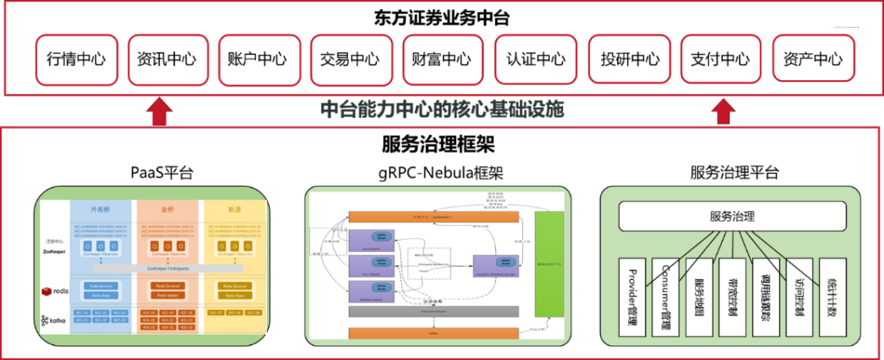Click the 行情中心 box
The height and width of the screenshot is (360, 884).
pyautogui.click(x=76, y=59)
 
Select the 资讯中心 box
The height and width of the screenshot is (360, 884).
pyautogui.click(x=167, y=59)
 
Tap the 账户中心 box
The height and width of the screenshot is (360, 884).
pyautogui.click(x=258, y=59)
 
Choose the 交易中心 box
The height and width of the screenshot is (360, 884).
pyautogui.click(x=350, y=59)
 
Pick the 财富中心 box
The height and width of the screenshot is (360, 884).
pyautogui.click(x=441, y=59)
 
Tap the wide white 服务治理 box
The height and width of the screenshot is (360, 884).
pyautogui.click(x=733, y=217)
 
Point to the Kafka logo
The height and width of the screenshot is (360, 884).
pyautogui.click(x=53, y=320)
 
